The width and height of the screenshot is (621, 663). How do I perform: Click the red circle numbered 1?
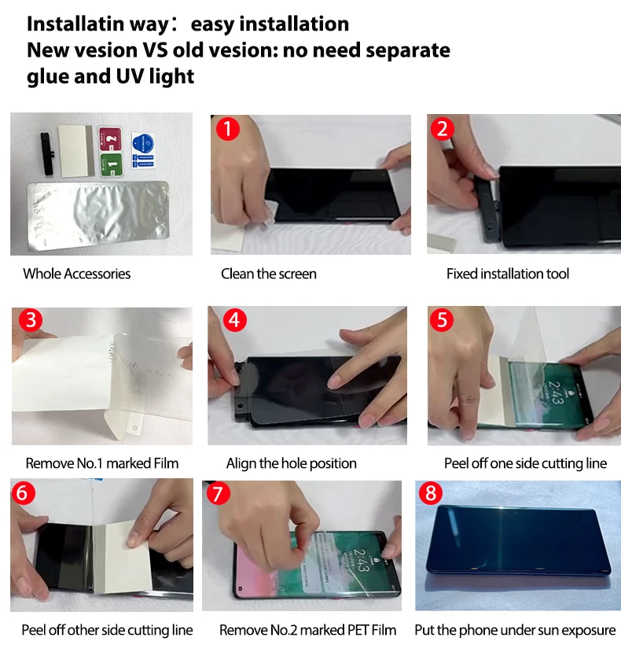[228, 128]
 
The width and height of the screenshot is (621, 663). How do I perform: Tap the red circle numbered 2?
[443, 128]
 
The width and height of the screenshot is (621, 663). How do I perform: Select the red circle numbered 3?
[31, 319]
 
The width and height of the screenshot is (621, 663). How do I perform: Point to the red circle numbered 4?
[234, 320]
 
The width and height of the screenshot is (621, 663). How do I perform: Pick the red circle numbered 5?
[442, 319]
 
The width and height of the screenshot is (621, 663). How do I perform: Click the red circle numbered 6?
[23, 492]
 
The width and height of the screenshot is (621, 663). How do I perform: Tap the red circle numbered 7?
[218, 493]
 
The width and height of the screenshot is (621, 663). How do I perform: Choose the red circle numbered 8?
[430, 492]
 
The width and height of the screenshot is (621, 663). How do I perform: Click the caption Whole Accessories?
[77, 274]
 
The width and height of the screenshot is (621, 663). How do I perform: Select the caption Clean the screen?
[268, 274]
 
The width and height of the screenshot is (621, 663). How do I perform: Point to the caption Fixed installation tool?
[508, 274]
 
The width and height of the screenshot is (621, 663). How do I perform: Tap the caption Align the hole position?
[292, 463]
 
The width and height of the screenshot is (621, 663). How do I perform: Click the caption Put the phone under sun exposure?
[515, 630]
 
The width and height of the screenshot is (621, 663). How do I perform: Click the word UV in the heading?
[130, 76]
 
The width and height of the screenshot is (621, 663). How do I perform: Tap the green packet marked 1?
[112, 164]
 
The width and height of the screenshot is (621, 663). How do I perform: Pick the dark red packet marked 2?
[110, 138]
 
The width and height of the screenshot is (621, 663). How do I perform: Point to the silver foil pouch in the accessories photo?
[98, 215]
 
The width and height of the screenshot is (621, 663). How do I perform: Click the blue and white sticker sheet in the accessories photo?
[143, 150]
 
